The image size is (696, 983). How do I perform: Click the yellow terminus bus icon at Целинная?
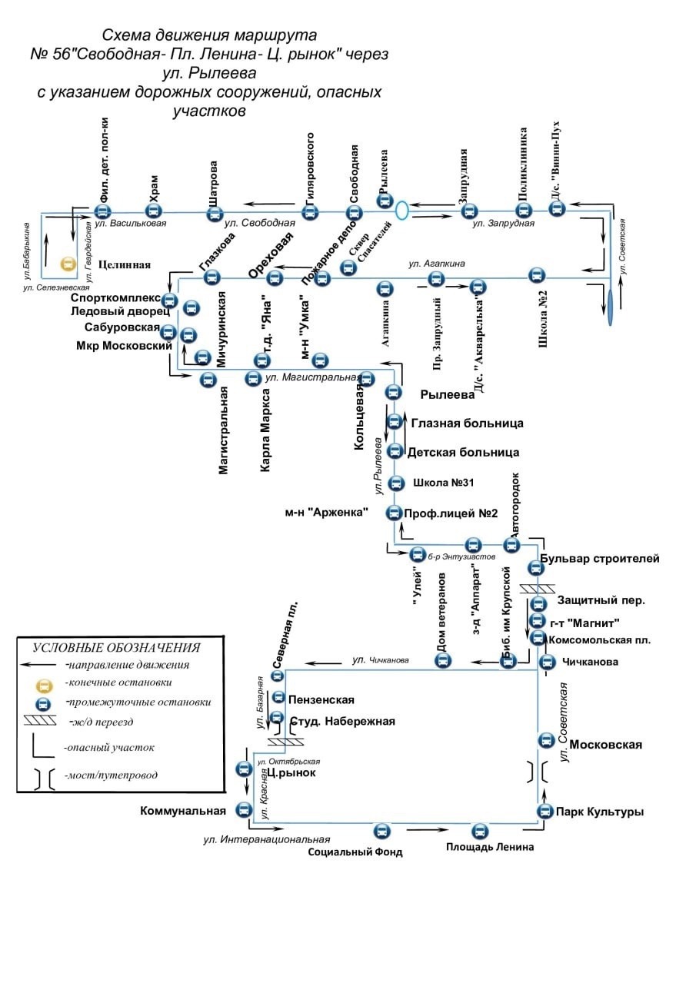[68, 264]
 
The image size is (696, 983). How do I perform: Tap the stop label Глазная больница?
[467, 423]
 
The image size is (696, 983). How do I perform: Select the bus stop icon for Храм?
[154, 211]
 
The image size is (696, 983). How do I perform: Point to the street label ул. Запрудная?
[503, 224]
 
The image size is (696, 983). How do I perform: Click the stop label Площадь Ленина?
[490, 847]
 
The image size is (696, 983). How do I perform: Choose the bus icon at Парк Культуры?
[544, 811]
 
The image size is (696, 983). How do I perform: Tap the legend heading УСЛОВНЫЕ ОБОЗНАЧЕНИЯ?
[116, 648]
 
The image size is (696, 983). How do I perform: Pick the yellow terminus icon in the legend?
[44, 683]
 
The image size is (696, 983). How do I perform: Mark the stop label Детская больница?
[463, 452]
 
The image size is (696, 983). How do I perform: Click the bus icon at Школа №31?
[396, 483]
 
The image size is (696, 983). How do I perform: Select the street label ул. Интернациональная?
[267, 839]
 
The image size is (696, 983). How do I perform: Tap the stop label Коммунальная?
[183, 810]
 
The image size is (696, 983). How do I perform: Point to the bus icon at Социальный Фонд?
[382, 831]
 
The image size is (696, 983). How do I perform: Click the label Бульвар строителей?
[599, 559]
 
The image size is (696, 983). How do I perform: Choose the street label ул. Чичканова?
[380, 659]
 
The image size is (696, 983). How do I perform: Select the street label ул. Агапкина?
[437, 264]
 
